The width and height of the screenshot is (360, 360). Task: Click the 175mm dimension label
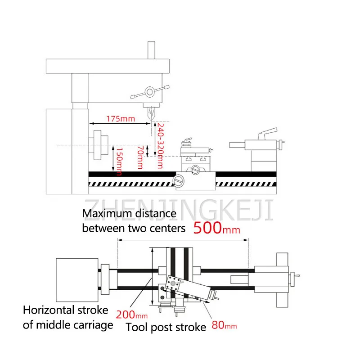pyautogui.click(x=121, y=119)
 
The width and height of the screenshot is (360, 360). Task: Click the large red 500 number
pyautogui.click(x=207, y=227)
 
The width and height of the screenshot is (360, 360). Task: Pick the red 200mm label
pyautogui.click(x=132, y=314)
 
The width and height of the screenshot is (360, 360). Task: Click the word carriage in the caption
pyautogui.click(x=90, y=325)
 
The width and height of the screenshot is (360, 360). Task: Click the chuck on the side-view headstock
pyautogui.click(x=99, y=145)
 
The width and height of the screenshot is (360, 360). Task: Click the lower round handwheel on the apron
pyautogui.click(x=179, y=182)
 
